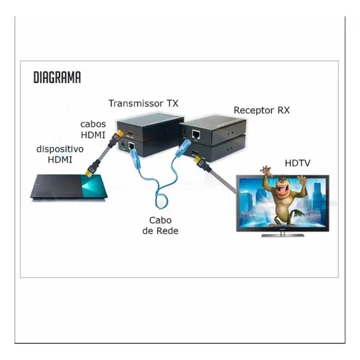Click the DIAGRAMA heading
point(57,77)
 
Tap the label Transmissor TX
point(143,103)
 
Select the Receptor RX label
point(262,110)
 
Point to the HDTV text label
point(297,164)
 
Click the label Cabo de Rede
point(160,226)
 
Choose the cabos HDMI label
point(93,129)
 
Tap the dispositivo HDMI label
point(60,154)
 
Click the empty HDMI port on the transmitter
point(131,133)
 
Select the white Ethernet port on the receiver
point(196,134)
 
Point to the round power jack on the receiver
point(184,132)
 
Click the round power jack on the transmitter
point(123,145)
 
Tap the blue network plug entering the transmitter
point(132,151)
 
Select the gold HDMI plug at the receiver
point(198,159)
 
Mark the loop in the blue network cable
point(162,200)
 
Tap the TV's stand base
point(283,235)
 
